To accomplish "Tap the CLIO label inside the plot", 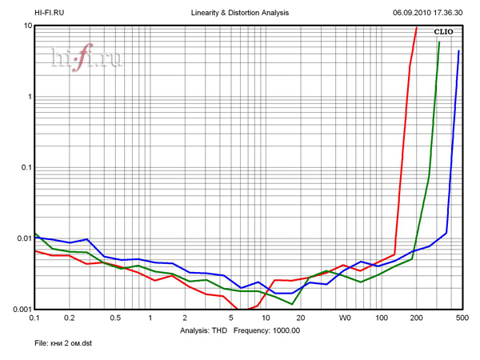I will (444, 31).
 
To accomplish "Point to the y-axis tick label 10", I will (27, 26).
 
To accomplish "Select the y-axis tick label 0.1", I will (25, 167).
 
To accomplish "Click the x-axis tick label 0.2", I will (69, 318).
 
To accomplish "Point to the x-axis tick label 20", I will (300, 318).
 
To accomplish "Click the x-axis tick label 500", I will (460, 318).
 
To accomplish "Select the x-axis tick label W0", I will (345, 318).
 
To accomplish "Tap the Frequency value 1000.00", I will (283, 330).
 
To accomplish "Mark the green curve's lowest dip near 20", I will (293, 304).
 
